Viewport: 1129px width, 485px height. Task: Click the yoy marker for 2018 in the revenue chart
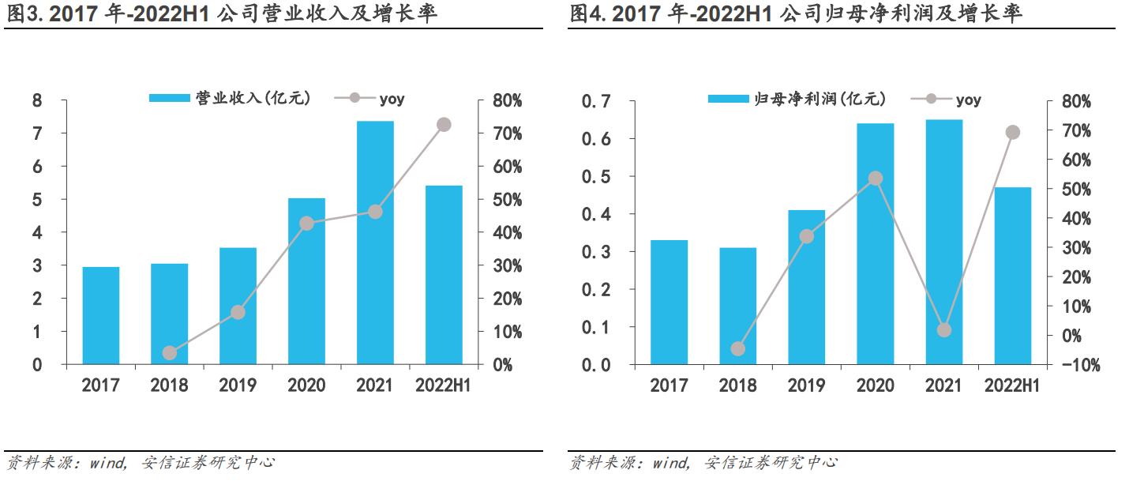(x=170, y=352)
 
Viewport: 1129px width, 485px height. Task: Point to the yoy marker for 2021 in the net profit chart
(x=944, y=330)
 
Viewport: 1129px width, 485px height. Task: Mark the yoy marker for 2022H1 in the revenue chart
(x=444, y=125)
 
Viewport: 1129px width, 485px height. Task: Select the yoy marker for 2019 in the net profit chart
(x=807, y=236)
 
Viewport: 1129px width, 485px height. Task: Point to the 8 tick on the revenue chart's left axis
(x=37, y=101)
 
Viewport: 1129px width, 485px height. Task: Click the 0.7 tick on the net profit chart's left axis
(x=596, y=101)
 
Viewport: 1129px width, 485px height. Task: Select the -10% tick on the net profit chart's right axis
(x=1075, y=365)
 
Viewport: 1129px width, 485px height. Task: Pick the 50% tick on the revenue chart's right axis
(x=508, y=200)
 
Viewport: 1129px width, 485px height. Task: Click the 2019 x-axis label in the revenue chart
(x=238, y=385)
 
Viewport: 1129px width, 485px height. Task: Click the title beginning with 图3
(x=221, y=13)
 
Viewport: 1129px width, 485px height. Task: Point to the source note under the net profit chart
(x=703, y=462)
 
